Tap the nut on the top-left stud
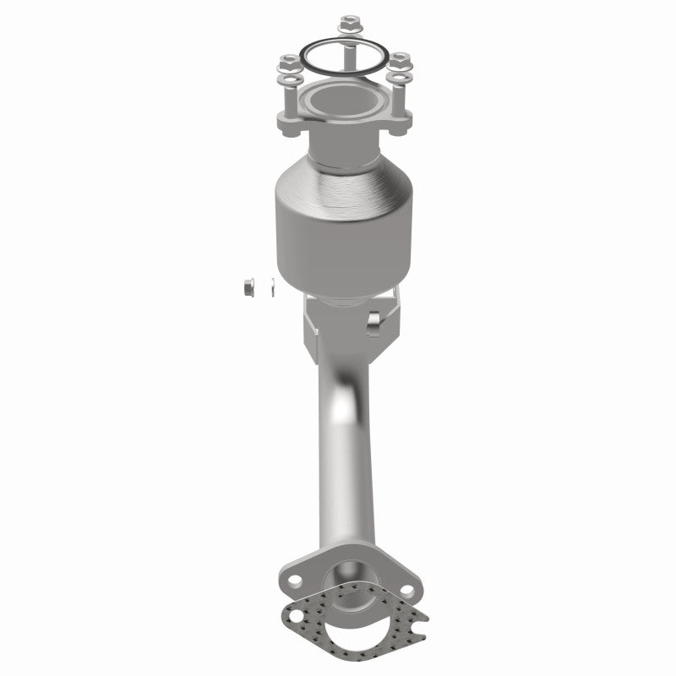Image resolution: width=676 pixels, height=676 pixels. [x=288, y=62]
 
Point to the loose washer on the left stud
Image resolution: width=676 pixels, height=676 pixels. [x=289, y=82]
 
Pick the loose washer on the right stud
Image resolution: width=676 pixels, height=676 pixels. [x=399, y=81]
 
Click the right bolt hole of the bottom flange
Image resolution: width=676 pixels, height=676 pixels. [x=404, y=590]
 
